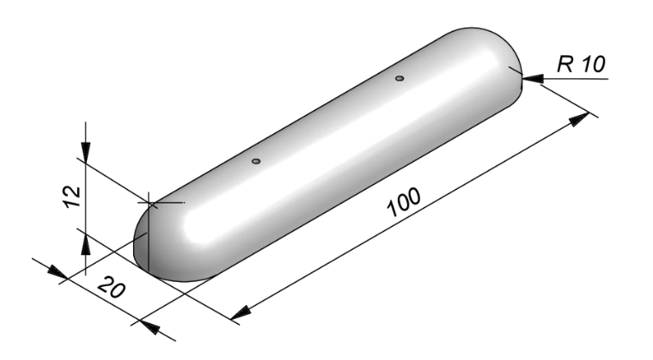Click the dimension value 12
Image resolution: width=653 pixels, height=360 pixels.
click(x=72, y=197)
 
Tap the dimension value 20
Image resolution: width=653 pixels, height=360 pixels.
click(x=111, y=287)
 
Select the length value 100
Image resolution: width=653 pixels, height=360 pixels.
click(x=404, y=202)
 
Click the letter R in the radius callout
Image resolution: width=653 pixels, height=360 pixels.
click(x=566, y=64)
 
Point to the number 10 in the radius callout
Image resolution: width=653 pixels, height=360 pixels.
click(x=594, y=64)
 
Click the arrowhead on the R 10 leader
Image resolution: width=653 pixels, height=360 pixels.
click(x=533, y=78)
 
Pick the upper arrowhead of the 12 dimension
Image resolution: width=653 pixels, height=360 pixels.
click(x=85, y=152)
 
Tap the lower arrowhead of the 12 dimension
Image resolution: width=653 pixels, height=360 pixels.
click(x=85, y=244)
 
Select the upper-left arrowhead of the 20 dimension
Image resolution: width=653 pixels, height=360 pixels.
click(x=57, y=272)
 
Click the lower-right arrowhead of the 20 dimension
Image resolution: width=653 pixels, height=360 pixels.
click(x=150, y=327)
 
